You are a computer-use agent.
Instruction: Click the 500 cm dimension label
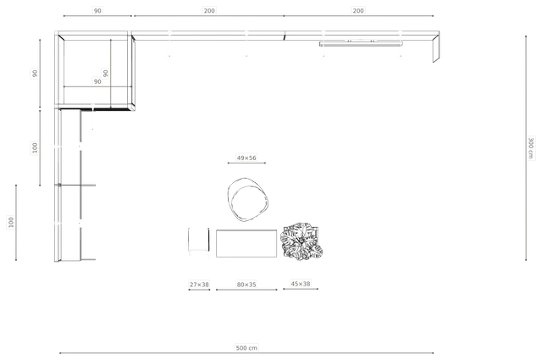tap(246, 347)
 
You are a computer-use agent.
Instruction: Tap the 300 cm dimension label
tap(531, 148)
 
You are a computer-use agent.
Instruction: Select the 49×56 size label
tap(246, 158)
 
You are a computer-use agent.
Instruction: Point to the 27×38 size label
tap(199, 285)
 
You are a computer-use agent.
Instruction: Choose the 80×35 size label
tap(246, 285)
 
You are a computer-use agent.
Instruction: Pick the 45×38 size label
tap(301, 284)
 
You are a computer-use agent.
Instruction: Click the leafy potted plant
tap(301, 241)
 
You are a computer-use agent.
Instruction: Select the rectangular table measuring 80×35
tap(246, 243)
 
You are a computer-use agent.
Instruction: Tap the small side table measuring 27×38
tap(199, 241)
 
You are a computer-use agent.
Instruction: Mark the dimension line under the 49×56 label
tap(246, 163)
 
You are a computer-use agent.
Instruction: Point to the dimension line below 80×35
tap(246, 290)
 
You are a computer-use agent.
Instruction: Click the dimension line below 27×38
tap(199, 290)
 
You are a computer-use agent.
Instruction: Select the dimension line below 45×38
tap(301, 289)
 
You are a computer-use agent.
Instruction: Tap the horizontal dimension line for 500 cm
tap(246, 353)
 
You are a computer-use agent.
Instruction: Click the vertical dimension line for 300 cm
tap(526, 148)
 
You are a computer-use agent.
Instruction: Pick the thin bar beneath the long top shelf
tap(361, 44)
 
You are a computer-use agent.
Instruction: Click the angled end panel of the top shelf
tap(436, 47)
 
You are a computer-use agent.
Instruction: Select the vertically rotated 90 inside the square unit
tap(105, 74)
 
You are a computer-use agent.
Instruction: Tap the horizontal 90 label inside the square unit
tap(97, 81)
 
